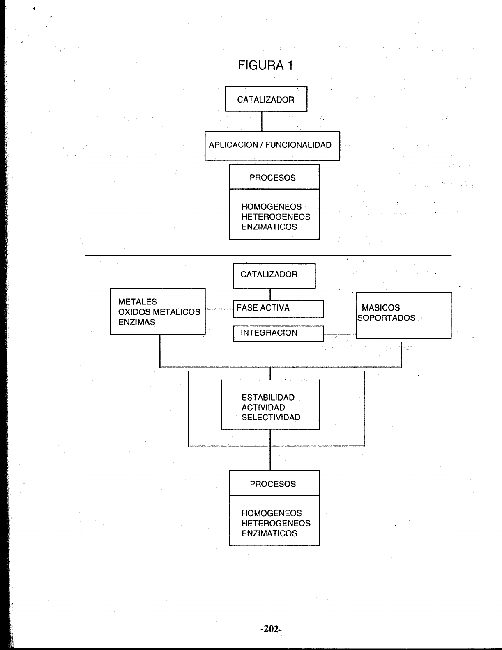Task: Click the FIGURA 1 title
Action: [265, 65]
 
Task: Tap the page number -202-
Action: [271, 629]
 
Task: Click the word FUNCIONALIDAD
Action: [298, 145]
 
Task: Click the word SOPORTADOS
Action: [387, 318]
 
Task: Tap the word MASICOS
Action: [381, 308]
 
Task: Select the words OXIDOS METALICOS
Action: [159, 312]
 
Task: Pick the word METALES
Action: [137, 302]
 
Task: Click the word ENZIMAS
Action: [137, 322]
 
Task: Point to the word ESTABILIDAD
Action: [268, 398]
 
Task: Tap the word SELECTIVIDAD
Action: [271, 417]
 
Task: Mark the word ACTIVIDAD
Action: [263, 407]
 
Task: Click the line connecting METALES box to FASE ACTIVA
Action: [219, 309]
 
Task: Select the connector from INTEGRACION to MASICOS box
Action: [340, 334]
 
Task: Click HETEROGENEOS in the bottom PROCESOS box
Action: [276, 523]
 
